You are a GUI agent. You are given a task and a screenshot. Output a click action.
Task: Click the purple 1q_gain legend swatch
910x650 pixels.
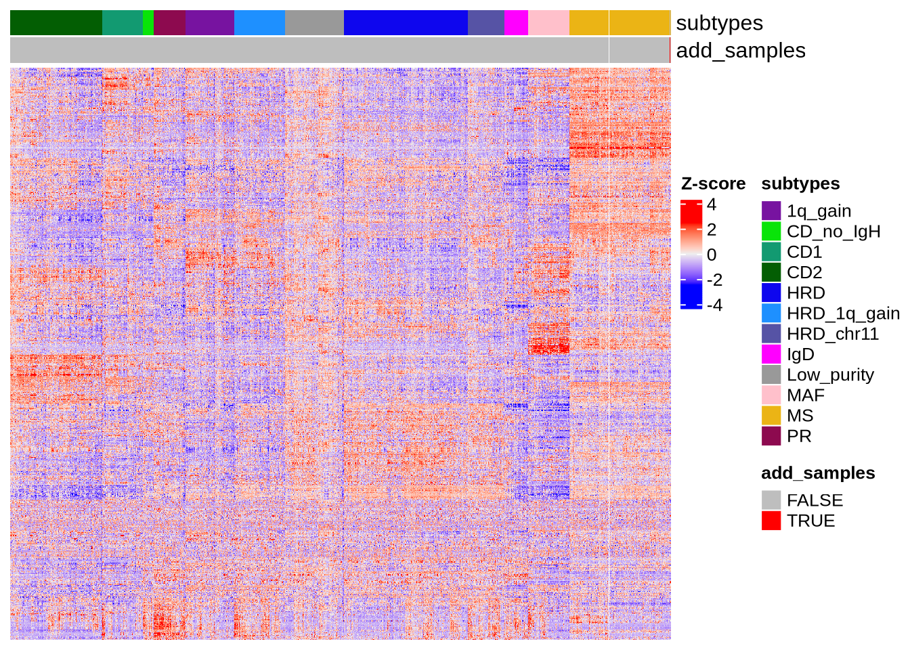point(771,211)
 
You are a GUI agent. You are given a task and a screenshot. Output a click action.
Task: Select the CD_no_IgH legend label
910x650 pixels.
point(833,232)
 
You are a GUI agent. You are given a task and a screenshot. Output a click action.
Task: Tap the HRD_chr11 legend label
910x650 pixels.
point(832,334)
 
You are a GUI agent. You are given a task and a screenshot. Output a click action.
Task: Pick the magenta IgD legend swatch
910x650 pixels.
point(771,354)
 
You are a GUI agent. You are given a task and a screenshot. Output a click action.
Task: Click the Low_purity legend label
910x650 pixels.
point(830,374)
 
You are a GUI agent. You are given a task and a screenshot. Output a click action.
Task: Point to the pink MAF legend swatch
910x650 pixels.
point(771,395)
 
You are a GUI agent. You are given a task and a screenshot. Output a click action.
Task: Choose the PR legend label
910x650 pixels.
point(799,436)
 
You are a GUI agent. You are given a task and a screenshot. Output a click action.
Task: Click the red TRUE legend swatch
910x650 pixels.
point(771,521)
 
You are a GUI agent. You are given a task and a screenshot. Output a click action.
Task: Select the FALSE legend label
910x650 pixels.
point(815,500)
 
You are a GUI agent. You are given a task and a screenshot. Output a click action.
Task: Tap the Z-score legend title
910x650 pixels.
point(713,184)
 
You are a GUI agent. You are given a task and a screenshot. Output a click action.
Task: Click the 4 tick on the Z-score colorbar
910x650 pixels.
point(711,204)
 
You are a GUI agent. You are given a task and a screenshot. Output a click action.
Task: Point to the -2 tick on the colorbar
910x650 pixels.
point(714,280)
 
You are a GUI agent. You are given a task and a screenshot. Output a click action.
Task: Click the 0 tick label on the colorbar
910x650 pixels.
point(711,255)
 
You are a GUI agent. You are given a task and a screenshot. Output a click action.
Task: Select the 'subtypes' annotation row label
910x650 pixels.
point(719,23)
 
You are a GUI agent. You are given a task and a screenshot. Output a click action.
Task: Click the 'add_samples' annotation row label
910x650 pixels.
point(741,51)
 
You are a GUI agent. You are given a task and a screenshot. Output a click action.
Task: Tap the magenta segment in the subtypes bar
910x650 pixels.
point(516,23)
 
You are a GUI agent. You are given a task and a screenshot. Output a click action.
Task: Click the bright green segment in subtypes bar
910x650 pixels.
point(148,23)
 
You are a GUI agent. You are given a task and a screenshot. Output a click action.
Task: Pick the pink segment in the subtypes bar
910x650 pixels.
point(548,23)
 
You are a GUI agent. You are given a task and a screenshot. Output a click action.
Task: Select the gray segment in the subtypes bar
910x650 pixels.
point(314,23)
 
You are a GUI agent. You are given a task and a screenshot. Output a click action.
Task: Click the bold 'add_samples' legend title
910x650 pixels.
point(818,473)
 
